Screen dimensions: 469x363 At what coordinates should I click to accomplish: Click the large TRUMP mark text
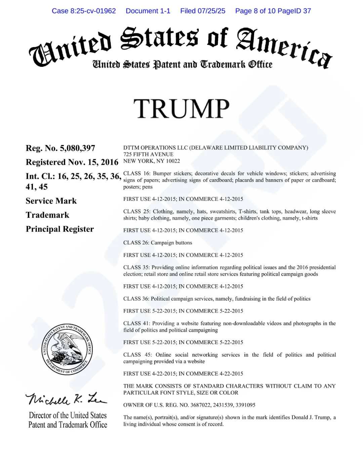[181, 109]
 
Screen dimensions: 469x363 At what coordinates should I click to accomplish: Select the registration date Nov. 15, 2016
[93, 162]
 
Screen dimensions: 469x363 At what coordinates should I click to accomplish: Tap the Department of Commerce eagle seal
[67, 349]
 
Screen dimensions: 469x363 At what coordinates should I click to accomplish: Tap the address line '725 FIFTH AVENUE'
[148, 154]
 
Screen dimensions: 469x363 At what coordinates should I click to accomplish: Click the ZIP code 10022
[173, 161]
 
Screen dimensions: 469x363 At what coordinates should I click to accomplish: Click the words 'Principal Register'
[59, 229]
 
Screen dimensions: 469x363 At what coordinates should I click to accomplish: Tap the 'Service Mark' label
[51, 201]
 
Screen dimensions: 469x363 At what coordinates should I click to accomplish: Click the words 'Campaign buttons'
[171, 243]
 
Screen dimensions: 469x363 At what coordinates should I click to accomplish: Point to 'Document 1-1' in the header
[148, 11]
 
